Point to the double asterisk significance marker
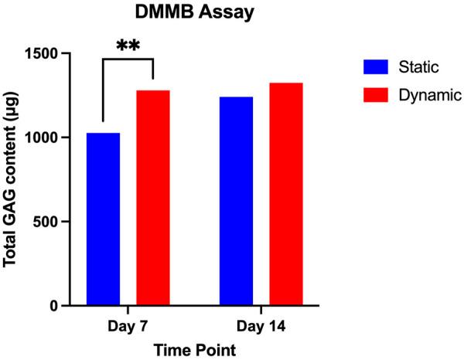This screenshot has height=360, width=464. coord(128,46)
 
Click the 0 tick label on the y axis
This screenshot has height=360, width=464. coord(63,306)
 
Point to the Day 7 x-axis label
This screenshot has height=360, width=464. coord(128,327)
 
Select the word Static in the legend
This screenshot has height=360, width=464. coord(418,67)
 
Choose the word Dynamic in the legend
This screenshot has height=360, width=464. coord(429,96)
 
